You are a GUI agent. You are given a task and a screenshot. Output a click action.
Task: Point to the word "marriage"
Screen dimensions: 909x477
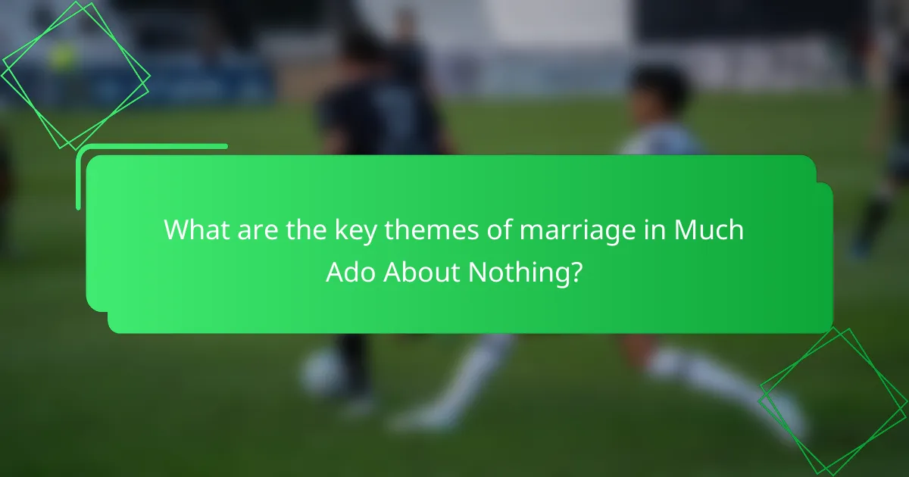[577, 232]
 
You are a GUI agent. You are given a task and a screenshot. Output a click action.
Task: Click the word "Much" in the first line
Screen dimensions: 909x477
[709, 229]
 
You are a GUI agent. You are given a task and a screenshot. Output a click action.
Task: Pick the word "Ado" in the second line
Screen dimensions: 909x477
[351, 272]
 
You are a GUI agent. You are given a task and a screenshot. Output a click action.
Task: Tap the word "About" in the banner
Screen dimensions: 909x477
[422, 272]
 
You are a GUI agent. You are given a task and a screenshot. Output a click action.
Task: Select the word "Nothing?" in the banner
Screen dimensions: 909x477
[526, 274]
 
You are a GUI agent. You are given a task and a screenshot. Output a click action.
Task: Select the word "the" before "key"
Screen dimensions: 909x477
[306, 229]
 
